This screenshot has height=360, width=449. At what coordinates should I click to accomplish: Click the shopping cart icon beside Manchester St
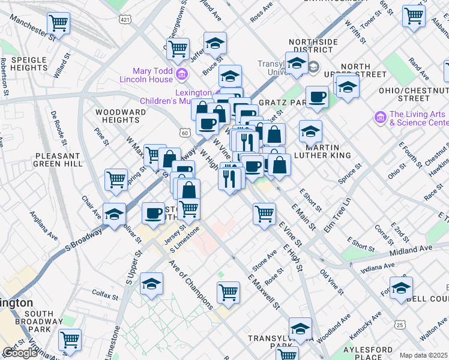[59, 23]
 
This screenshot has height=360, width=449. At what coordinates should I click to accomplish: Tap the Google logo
[19, 353]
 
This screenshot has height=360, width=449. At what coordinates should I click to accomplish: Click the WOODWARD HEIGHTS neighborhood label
[121, 116]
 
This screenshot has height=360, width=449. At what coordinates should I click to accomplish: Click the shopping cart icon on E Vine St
[264, 213]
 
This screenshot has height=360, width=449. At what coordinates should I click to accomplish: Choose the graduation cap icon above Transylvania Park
[300, 328]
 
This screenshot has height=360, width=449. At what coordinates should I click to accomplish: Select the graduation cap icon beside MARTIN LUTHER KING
[310, 131]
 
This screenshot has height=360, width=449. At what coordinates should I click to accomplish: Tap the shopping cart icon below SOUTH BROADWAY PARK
[70, 340]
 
